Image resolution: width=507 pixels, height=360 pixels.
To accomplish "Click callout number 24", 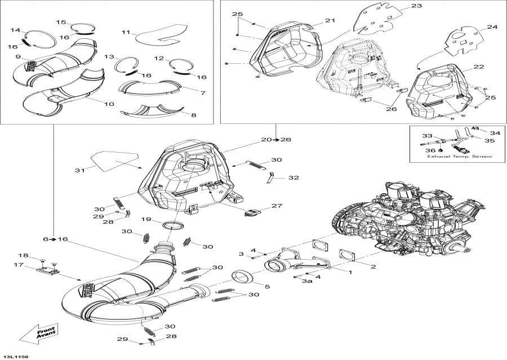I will tap(492, 26).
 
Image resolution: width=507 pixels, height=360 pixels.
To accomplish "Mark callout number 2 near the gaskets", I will tap(372, 265).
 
